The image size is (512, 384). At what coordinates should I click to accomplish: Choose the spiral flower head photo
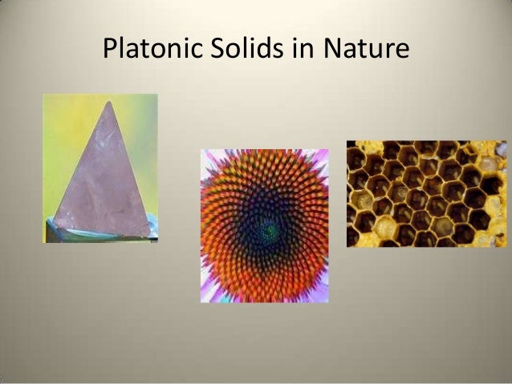[x=264, y=225]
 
